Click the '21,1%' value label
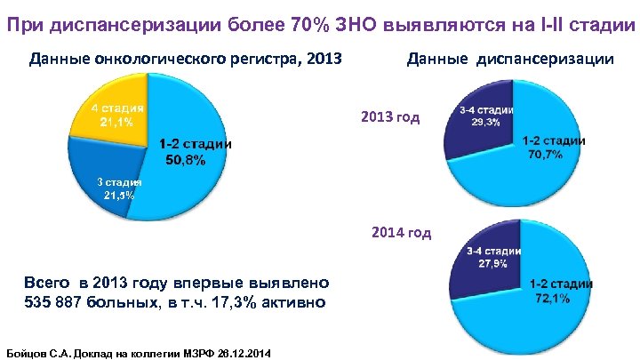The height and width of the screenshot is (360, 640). pyautogui.click(x=116, y=123)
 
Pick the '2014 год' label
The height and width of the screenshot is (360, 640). pyautogui.click(x=402, y=233)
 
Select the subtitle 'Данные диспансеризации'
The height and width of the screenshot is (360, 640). pyautogui.click(x=509, y=60)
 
